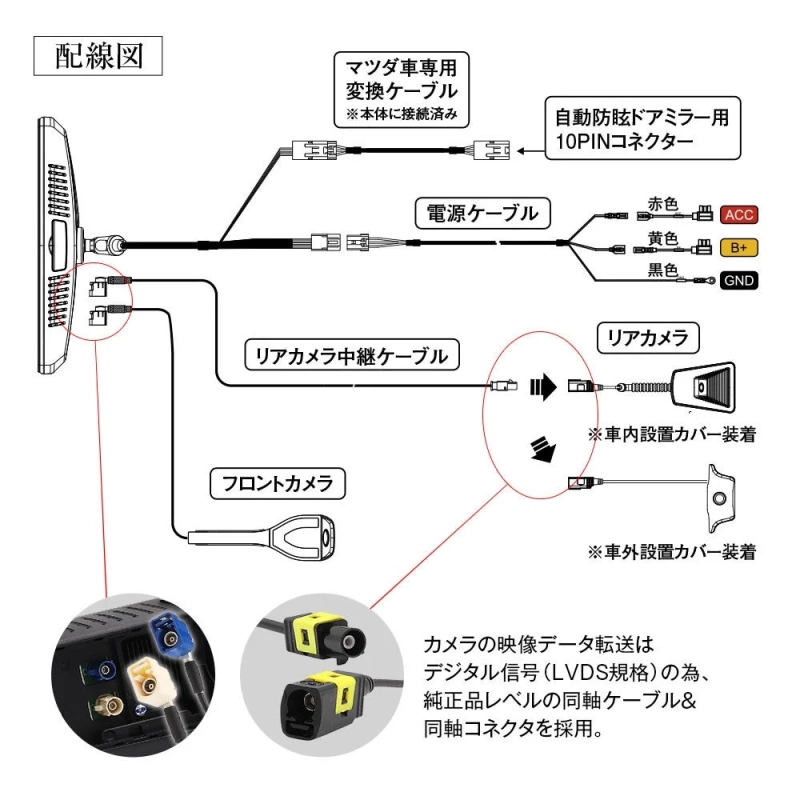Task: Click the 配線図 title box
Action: (98, 56)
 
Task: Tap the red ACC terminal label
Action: (739, 215)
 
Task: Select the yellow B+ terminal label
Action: (739, 247)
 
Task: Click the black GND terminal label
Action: (739, 279)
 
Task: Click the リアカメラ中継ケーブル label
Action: (352, 354)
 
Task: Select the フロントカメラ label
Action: (277, 485)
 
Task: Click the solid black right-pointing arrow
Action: (541, 385)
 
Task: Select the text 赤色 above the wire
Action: (663, 203)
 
